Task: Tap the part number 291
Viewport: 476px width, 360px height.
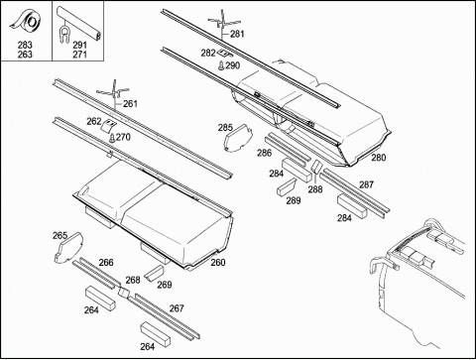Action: point(80,45)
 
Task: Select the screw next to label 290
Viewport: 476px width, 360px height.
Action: point(221,65)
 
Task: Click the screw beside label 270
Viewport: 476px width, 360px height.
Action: point(112,138)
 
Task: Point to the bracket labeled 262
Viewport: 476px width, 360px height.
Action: point(109,126)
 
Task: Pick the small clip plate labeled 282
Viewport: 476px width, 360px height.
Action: point(224,54)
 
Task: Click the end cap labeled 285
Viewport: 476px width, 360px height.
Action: point(238,138)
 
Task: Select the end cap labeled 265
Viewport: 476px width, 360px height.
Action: point(68,247)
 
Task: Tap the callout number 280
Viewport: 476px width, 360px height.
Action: point(379,158)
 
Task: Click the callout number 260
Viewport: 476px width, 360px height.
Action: point(218,263)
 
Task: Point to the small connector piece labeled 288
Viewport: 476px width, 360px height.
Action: point(315,167)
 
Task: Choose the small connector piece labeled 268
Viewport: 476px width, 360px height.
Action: point(124,292)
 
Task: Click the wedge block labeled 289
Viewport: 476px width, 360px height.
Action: point(287,187)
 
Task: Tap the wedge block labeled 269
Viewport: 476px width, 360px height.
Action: point(155,274)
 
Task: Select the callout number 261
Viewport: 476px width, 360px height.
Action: point(130,104)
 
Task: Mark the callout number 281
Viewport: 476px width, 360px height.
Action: point(237,34)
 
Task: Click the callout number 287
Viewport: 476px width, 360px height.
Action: point(366,184)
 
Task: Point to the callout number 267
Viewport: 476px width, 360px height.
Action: point(177,308)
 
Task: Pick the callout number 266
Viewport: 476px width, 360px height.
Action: point(106,263)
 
